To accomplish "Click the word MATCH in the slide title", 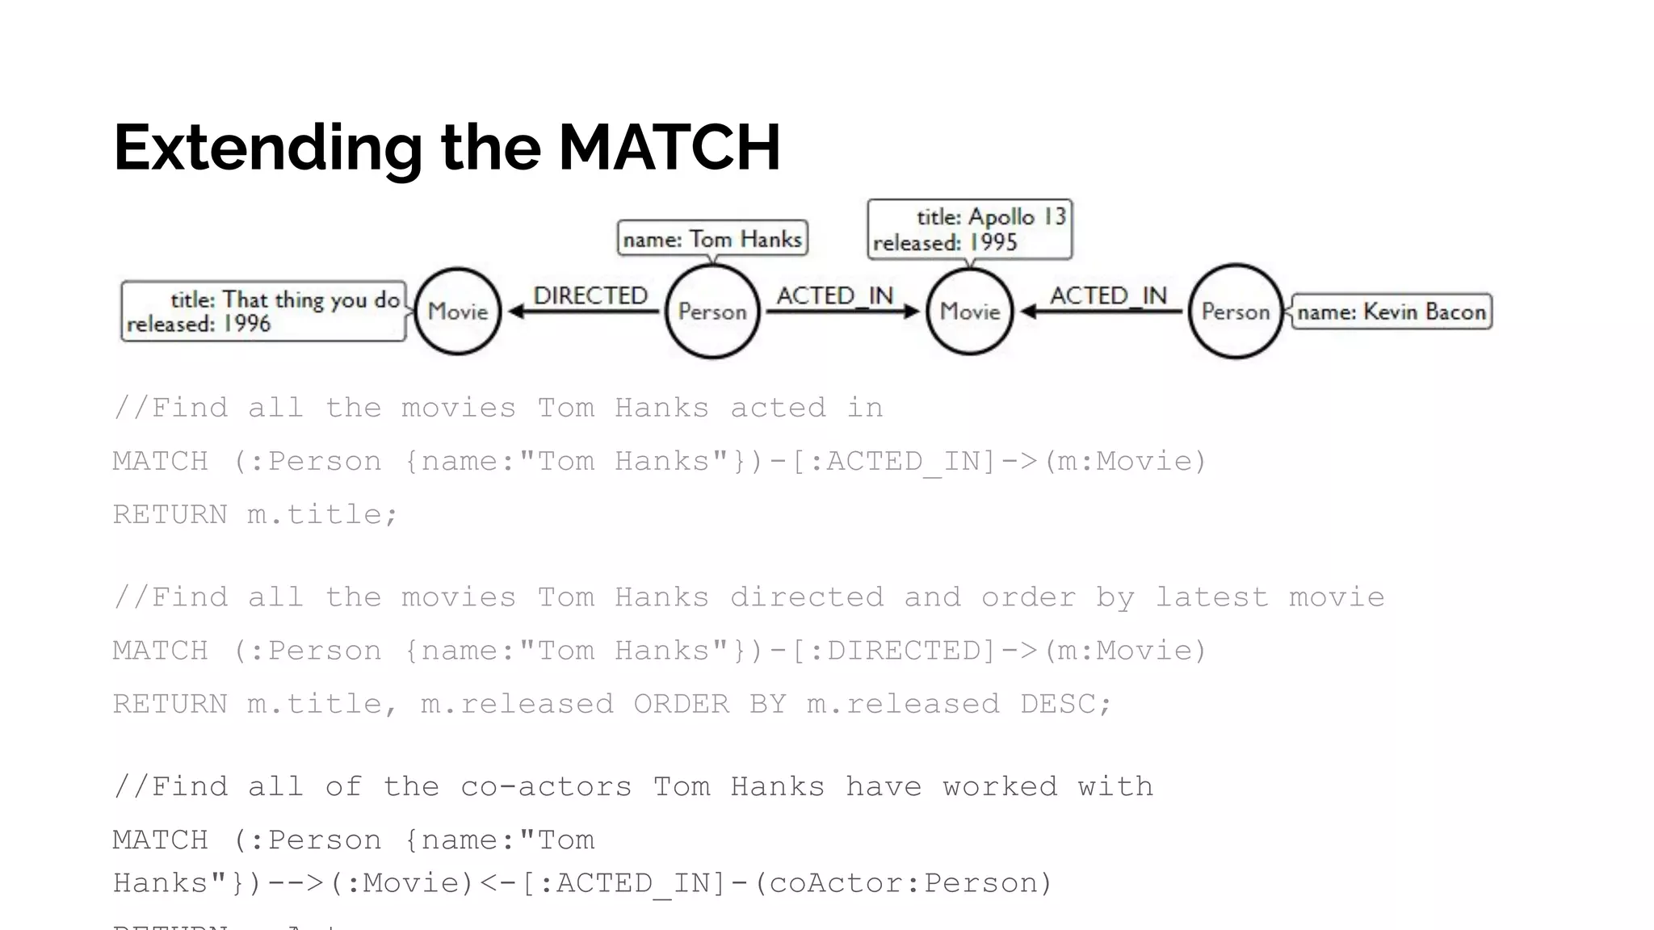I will pyautogui.click(x=669, y=148).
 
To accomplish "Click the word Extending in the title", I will pyautogui.click(x=267, y=148).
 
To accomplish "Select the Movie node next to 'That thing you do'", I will pyautogui.click(x=458, y=312).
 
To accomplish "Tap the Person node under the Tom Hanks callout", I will pyautogui.click(x=712, y=312).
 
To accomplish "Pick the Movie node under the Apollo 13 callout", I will pyautogui.click(x=970, y=312).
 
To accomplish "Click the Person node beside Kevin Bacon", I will pyautogui.click(x=1236, y=312).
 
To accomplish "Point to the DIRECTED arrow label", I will pyautogui.click(x=590, y=295).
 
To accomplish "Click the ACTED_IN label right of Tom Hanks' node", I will pyautogui.click(x=835, y=295).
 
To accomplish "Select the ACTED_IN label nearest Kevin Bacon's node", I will pyautogui.click(x=1108, y=295).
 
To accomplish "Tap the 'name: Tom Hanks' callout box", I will pyautogui.click(x=712, y=239).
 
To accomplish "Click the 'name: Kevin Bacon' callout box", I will pyautogui.click(x=1391, y=312).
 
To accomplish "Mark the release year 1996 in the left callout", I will pyautogui.click(x=246, y=324).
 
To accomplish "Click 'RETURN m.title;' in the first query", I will pyautogui.click(x=255, y=514).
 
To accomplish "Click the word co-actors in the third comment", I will pyautogui.click(x=546, y=786).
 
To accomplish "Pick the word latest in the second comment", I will pyautogui.click(x=1211, y=597).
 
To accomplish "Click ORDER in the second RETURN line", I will pyautogui.click(x=681, y=703).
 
